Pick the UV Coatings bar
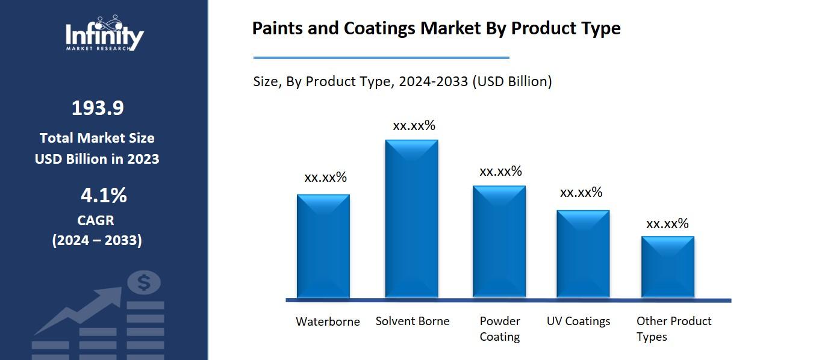coord(583,253)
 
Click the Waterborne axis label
coord(328,321)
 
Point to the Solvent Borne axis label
coord(413,321)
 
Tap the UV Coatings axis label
coord(578,321)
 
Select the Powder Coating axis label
coord(500,329)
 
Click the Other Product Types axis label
coord(674,329)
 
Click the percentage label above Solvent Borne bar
coord(414,126)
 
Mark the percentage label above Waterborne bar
coord(326,178)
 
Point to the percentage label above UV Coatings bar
coord(581,193)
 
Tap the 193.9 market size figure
coord(98,108)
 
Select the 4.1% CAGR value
coord(104,196)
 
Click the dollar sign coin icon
coord(144,282)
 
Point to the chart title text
coord(436,28)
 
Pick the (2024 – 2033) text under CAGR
coord(97,240)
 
